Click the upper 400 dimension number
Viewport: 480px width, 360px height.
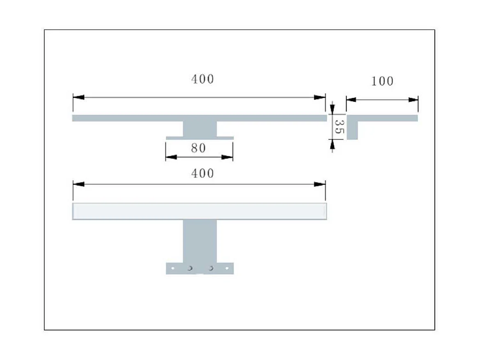click(202, 79)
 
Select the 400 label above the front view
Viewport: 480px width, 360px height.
click(202, 173)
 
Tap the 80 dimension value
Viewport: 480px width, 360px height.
click(198, 148)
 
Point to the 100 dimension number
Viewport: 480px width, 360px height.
click(382, 81)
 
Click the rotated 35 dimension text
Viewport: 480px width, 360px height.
click(339, 128)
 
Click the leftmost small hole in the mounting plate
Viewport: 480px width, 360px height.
click(173, 268)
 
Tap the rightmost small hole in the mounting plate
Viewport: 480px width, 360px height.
click(227, 268)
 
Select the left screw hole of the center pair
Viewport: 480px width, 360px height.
click(190, 268)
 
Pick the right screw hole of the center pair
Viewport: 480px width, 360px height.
click(211, 268)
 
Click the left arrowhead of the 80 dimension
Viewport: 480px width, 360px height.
click(171, 157)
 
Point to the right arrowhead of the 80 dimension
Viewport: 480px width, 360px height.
click(227, 157)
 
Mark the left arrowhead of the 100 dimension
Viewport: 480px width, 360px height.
click(351, 99)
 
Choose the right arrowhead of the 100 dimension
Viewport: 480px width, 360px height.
click(413, 99)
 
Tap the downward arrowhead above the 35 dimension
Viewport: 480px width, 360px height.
click(332, 108)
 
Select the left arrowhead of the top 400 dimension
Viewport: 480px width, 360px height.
click(78, 97)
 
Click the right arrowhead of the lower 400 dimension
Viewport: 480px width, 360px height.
click(320, 184)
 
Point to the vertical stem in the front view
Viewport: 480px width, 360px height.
click(200, 241)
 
